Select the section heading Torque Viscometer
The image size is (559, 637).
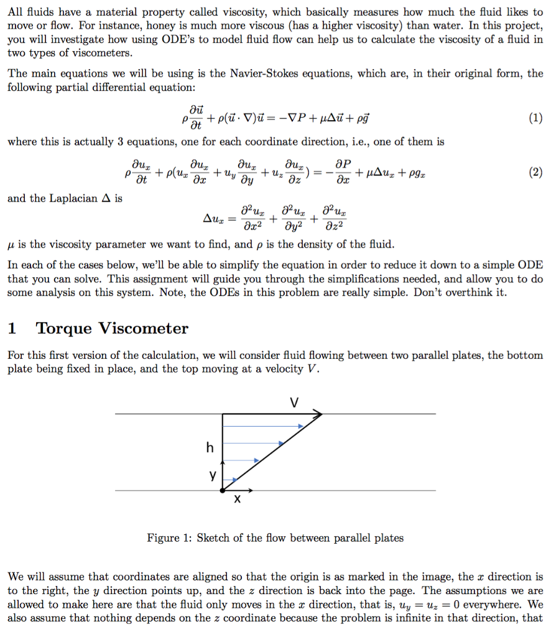(x=112, y=328)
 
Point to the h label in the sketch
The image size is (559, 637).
(x=210, y=447)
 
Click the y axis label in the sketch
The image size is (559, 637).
(x=213, y=475)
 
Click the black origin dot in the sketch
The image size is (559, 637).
(x=223, y=490)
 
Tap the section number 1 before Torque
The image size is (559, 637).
(x=12, y=328)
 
